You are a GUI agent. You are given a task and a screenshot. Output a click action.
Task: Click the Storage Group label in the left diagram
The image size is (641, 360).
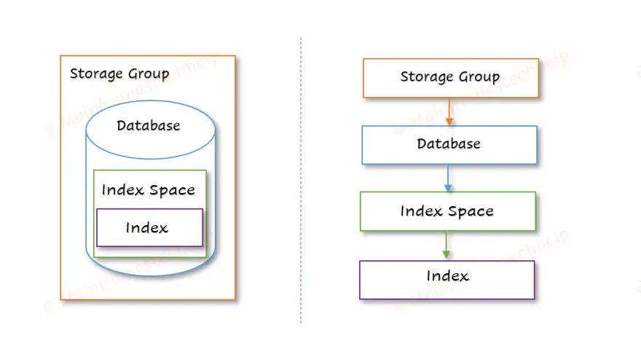click(x=119, y=74)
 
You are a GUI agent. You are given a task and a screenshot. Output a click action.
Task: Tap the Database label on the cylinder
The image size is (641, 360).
click(x=148, y=125)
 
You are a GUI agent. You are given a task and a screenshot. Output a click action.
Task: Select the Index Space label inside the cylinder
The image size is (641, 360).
click(x=149, y=190)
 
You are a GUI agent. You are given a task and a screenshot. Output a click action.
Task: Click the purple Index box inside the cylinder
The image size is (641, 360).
click(x=149, y=228)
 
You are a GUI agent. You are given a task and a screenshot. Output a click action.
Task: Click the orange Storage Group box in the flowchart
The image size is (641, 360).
click(x=450, y=77)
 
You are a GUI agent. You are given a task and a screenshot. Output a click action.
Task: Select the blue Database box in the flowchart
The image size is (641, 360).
click(x=449, y=144)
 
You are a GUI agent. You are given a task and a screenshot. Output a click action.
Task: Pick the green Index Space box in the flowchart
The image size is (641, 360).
click(x=447, y=211)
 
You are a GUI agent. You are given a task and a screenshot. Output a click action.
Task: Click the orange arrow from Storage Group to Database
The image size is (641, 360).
click(x=449, y=111)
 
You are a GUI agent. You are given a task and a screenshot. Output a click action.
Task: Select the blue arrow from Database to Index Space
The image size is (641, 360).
click(x=449, y=178)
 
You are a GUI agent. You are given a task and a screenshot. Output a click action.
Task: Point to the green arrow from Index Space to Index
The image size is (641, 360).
click(x=447, y=246)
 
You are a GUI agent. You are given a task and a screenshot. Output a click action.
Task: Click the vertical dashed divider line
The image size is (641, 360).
click(x=301, y=182)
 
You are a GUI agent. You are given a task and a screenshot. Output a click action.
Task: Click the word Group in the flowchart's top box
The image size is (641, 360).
click(x=478, y=77)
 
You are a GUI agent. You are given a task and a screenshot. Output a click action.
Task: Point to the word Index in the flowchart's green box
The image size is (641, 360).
click(x=421, y=211)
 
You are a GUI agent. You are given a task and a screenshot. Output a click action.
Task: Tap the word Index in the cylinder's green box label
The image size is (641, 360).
click(x=122, y=190)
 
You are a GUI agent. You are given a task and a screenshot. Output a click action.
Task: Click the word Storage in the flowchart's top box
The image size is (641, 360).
click(x=426, y=77)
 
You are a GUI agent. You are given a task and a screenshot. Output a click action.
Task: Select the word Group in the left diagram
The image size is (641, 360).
click(x=148, y=74)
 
